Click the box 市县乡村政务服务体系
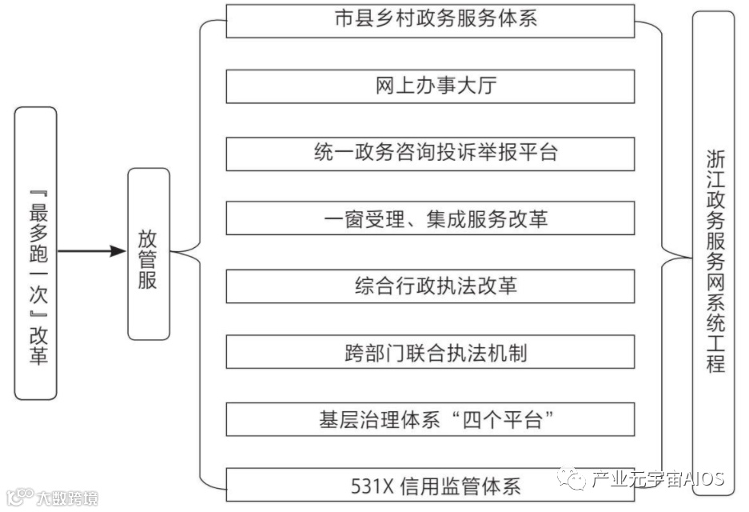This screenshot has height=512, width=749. tap(430, 20)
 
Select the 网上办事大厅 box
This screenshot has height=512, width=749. tap(430, 86)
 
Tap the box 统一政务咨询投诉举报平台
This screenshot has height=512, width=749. tap(430, 154)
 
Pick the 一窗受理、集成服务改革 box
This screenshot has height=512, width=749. tap(430, 219)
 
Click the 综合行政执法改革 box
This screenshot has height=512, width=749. tap(430, 286)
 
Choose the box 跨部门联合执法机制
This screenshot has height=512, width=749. tap(430, 353)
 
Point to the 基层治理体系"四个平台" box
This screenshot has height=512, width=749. tap(430, 420)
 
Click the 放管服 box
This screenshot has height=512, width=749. tap(149, 254)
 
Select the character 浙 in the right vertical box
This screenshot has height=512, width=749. tap(715, 158)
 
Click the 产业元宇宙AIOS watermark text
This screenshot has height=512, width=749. tap(657, 480)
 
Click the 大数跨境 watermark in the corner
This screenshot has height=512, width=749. tap(64, 498)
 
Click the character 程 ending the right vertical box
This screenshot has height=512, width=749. tap(715, 364)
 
